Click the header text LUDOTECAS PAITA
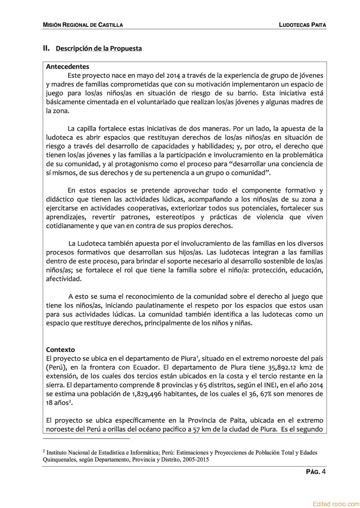[x=302, y=25]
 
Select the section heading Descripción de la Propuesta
[x=99, y=49]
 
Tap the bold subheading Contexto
[x=60, y=349]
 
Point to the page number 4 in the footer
[x=324, y=471]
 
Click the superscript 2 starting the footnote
[x=44, y=451]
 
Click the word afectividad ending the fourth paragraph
[x=64, y=279]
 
